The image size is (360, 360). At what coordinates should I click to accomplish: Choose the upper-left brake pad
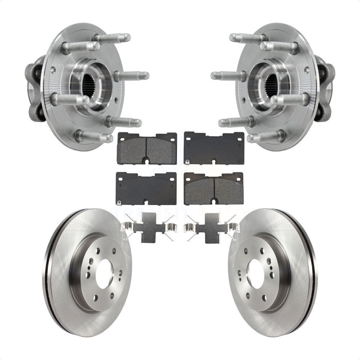click(x=147, y=148)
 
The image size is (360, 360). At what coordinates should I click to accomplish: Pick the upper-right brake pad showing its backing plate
click(x=214, y=148)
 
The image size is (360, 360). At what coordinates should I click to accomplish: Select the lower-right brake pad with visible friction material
click(x=214, y=188)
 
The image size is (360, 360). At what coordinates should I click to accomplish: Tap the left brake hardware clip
click(x=151, y=227)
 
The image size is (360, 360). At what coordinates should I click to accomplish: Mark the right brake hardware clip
click(x=210, y=227)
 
